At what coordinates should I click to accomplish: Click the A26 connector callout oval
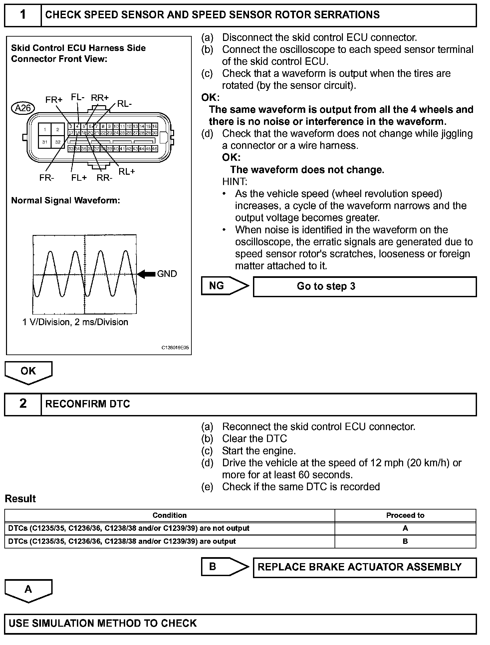click(x=23, y=108)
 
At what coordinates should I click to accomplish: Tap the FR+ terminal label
click(x=54, y=100)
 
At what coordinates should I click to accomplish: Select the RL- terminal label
click(x=124, y=104)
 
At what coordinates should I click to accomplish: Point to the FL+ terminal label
click(x=79, y=178)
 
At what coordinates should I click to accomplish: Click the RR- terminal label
click(x=105, y=178)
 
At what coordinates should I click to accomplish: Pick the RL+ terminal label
click(x=127, y=171)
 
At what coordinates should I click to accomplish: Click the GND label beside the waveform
click(x=167, y=274)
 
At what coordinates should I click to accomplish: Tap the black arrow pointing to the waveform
click(x=146, y=274)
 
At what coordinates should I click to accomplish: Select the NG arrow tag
click(x=224, y=286)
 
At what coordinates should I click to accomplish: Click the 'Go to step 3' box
click(x=365, y=287)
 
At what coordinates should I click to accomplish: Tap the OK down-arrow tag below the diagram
click(x=28, y=372)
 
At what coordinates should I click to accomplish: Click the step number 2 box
click(x=23, y=404)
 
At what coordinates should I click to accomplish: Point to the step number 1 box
click(x=23, y=15)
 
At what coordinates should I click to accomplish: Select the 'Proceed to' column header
click(x=405, y=515)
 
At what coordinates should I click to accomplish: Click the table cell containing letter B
click(x=405, y=541)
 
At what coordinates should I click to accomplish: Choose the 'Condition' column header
click(x=169, y=515)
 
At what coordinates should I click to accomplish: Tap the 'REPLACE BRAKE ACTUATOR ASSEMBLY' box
click(x=365, y=567)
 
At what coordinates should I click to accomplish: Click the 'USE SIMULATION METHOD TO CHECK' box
click(x=240, y=623)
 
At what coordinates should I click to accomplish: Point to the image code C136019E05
click(x=175, y=347)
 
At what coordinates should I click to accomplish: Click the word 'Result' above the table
click(x=20, y=499)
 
